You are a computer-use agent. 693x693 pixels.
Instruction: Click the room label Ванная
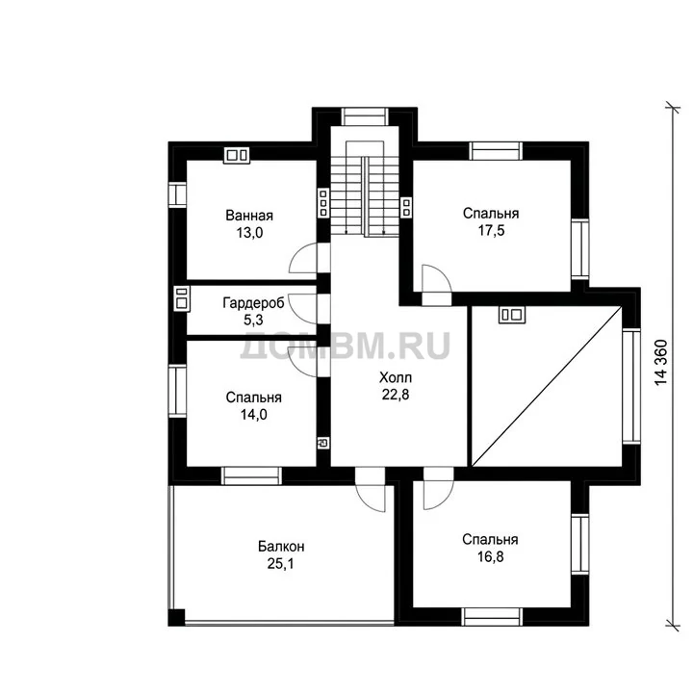pos(249,216)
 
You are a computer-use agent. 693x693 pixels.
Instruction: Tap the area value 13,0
pos(249,233)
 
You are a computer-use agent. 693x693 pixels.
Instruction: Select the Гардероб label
pos(253,303)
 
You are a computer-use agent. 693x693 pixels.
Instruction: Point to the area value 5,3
pos(253,320)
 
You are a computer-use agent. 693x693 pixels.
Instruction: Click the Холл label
pos(396,377)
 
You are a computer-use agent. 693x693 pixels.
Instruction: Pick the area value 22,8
pos(396,395)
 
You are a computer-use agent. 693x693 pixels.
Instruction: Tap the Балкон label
pos(281,547)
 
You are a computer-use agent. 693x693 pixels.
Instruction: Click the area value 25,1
pos(281,563)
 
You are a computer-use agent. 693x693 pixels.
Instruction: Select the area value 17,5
pos(491,231)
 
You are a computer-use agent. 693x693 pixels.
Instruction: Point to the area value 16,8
pos(491,556)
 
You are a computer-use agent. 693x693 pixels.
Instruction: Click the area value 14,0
pos(254,415)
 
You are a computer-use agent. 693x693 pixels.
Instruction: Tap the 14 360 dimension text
pos(660,363)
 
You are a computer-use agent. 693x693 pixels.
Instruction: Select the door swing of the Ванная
pos(303,258)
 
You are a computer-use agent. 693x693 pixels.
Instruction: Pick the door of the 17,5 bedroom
pos(437,278)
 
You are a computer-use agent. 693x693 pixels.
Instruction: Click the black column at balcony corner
pos(176,617)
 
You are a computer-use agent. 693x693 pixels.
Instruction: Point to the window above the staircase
pos(365,116)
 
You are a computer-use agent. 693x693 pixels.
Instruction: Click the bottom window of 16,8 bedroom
pos(492,617)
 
